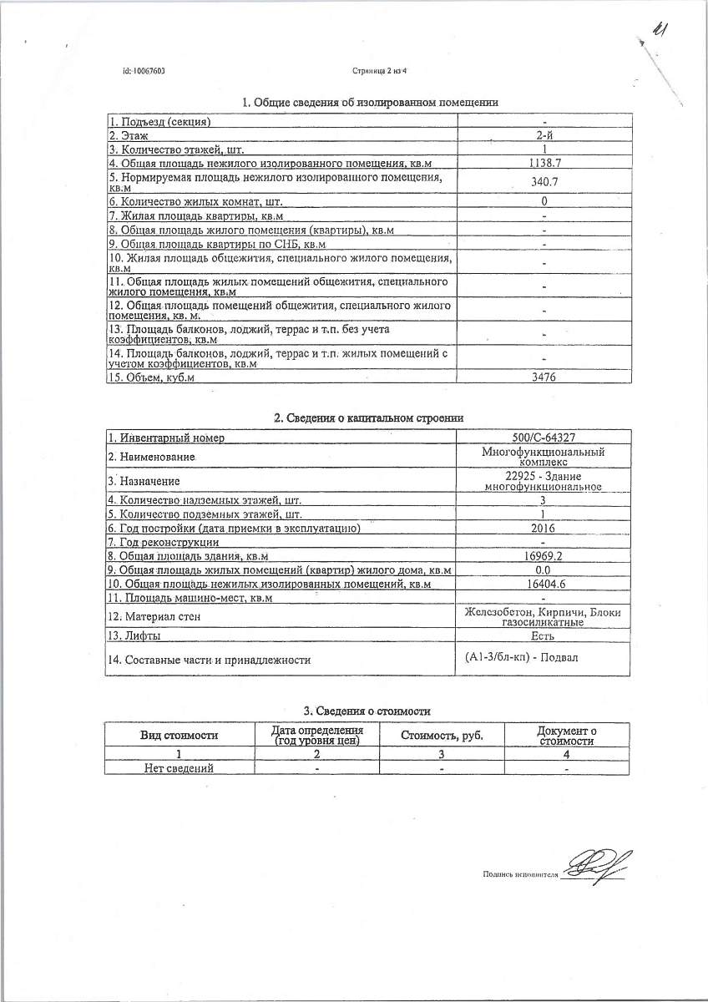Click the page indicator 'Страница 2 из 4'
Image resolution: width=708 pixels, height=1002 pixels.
point(379,71)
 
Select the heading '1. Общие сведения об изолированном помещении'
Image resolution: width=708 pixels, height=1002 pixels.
point(370,103)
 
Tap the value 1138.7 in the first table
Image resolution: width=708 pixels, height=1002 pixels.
point(544,162)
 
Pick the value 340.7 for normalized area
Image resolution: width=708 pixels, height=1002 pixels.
point(544,181)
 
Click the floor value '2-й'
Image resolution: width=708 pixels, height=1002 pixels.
point(544,135)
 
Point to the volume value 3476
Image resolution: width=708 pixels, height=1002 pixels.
point(544,377)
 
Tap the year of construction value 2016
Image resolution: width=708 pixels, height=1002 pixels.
point(544,529)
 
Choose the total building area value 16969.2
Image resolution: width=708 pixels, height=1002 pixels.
point(544,556)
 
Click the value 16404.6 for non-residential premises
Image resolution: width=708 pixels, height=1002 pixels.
point(544,584)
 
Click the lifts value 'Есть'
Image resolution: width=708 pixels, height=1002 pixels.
point(544,636)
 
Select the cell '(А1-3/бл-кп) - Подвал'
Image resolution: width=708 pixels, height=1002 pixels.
point(522,658)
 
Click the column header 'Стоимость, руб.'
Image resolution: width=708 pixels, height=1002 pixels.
point(442,736)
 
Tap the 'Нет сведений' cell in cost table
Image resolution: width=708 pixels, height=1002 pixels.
point(179,768)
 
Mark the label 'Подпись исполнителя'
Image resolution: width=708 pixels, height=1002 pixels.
point(519,874)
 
